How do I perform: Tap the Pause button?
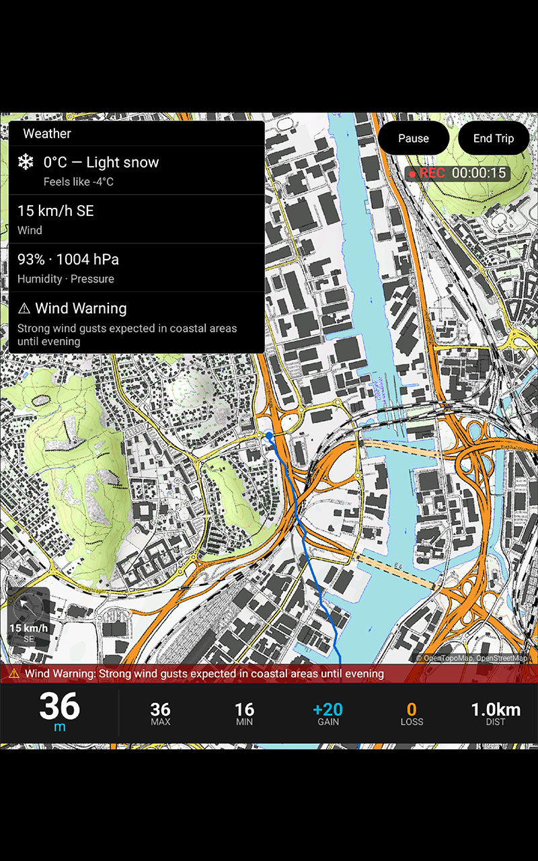point(413,139)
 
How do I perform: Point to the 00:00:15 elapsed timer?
point(478,173)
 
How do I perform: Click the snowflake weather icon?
point(26,162)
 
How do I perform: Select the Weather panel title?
point(47,133)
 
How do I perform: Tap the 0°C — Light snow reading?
point(101,162)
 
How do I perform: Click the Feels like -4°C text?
point(78,182)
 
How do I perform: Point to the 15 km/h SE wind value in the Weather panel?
point(55,211)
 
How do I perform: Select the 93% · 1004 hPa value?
point(68,260)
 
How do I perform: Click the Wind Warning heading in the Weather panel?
point(81,308)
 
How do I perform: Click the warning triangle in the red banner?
point(14,673)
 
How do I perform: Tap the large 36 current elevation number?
point(59,707)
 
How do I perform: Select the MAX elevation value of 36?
point(160,710)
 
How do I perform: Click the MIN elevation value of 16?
point(244,710)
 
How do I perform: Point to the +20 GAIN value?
point(328,710)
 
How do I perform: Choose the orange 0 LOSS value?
point(412,710)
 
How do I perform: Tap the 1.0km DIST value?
point(495,710)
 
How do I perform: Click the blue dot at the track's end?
point(269,436)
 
